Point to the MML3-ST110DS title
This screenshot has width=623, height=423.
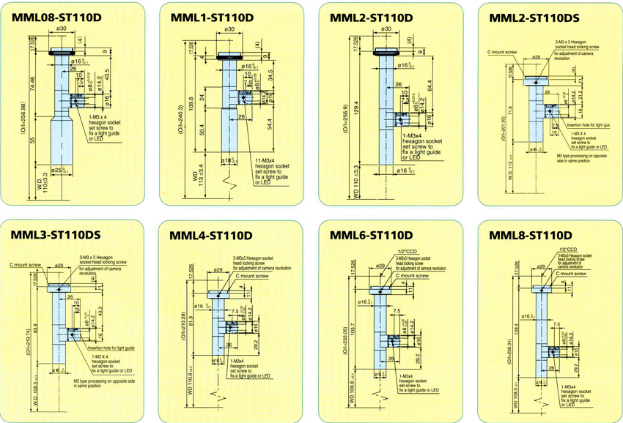click(x=55, y=236)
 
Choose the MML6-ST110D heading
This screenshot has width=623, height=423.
click(x=372, y=236)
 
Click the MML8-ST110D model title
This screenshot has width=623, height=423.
click(x=530, y=236)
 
